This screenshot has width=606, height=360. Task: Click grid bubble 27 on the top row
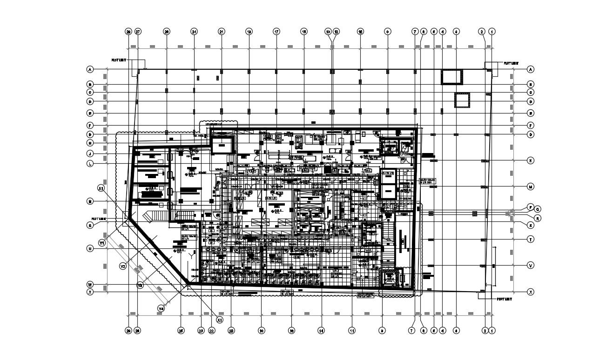coord(138,32)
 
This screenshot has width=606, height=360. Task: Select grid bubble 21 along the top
coord(222,32)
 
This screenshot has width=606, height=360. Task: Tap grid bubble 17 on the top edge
coord(276,32)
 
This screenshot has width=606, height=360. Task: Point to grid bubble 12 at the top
coord(336,32)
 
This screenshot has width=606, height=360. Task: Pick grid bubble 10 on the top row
coord(360,32)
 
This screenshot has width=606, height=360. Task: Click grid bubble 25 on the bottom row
coord(181,331)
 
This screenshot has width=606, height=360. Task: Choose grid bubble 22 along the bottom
coord(211,331)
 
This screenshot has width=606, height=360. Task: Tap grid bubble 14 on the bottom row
coord(321,331)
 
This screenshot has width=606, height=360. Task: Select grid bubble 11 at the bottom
coord(352,331)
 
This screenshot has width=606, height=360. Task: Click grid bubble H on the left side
coord(90,143)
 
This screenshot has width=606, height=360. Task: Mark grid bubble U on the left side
coord(90,249)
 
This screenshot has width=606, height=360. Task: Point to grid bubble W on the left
coord(90,284)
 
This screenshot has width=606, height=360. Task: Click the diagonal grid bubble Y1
coord(102,243)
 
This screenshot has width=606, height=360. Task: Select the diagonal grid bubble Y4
coord(161,308)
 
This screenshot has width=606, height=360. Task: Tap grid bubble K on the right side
coord(530,160)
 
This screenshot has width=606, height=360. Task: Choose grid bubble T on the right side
coord(530,239)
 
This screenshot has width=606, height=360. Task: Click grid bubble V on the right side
coord(530,266)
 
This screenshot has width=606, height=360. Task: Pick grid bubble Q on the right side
coord(538,209)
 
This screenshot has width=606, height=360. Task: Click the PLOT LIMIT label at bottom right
coord(505,300)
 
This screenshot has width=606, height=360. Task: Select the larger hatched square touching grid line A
coord(452,77)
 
